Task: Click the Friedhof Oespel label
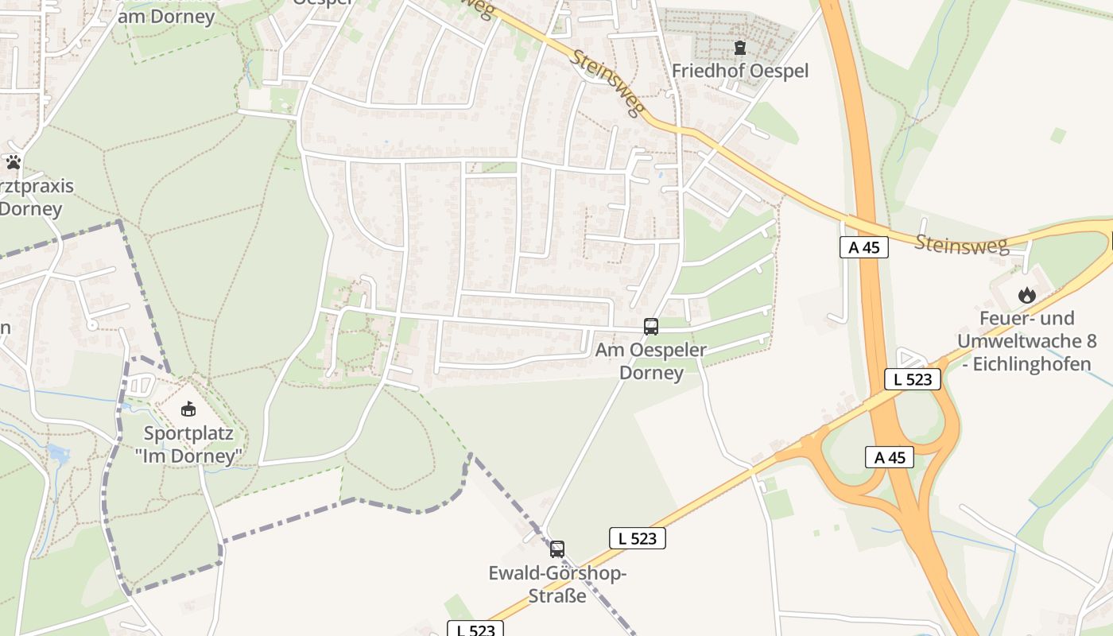(x=739, y=71)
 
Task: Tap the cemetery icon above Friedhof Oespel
(x=740, y=48)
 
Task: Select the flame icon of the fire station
(x=1027, y=295)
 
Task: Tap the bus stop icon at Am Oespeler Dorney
(x=650, y=326)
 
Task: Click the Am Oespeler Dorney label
(x=651, y=361)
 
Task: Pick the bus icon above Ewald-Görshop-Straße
(x=557, y=549)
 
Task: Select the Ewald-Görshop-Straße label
(x=557, y=584)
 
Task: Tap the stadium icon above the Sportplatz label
(x=188, y=409)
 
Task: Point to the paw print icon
(x=14, y=162)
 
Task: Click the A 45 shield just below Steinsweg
(x=863, y=247)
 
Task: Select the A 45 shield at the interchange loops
(x=890, y=457)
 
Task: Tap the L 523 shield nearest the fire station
(x=913, y=379)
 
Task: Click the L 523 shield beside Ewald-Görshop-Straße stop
(x=638, y=538)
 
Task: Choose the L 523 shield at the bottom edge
(x=475, y=630)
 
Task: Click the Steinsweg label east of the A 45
(x=961, y=243)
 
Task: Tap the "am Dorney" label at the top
(x=167, y=17)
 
